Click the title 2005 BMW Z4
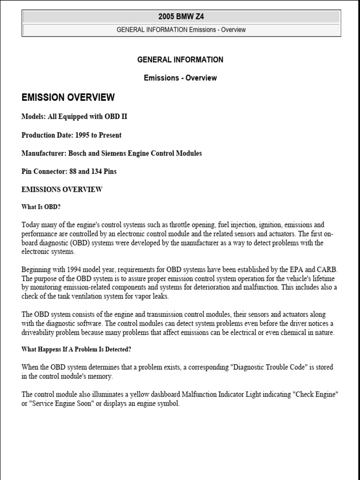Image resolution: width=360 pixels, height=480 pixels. [181, 17]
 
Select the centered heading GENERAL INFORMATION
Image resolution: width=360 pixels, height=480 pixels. [180, 60]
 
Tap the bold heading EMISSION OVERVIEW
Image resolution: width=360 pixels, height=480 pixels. [68, 97]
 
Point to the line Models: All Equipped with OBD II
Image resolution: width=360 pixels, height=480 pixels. [74, 117]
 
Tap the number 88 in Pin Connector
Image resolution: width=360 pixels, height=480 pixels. [73, 172]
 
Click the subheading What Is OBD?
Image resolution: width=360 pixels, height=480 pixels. [41, 206]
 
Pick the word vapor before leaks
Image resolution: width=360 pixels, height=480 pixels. [139, 296]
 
